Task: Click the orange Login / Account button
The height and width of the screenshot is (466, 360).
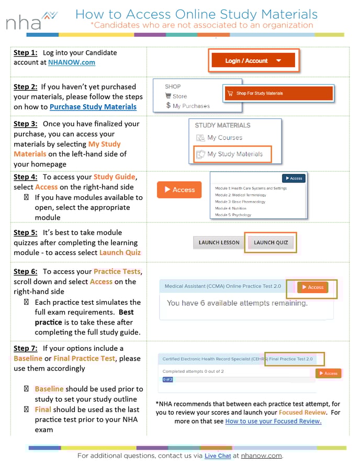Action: pos(253,61)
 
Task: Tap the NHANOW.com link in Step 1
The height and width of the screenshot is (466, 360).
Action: pos(71,62)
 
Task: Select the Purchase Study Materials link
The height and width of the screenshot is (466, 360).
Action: pos(93,107)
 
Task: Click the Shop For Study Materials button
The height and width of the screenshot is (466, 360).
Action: pos(278,93)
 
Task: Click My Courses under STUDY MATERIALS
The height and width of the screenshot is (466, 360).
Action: pos(224,138)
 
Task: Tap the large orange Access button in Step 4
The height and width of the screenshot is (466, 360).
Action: pos(179,190)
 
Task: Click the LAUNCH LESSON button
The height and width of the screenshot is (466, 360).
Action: pos(219,242)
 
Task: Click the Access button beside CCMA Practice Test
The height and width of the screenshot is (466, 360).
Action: pos(312,287)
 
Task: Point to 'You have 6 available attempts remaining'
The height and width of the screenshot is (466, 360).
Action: pos(237,303)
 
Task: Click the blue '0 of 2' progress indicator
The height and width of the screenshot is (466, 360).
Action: pos(167,380)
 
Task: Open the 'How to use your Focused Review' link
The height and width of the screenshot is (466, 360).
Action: pos(273,421)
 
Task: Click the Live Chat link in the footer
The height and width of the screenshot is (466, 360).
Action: pos(217,456)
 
